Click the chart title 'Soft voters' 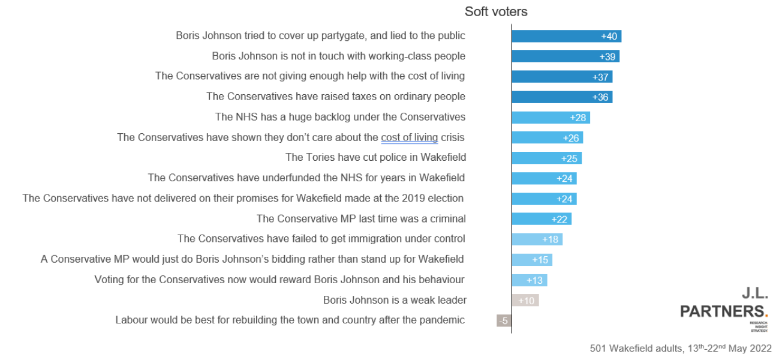coord(496,11)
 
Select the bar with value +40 coord(566,37)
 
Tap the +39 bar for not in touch coord(565,56)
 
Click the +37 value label coord(600,77)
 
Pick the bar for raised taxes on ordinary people coord(562,97)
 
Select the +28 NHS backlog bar coord(551,118)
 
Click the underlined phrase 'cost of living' coord(409,137)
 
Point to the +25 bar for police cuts coord(546,158)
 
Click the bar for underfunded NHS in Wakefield coord(544,179)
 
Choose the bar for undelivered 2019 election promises coord(544,199)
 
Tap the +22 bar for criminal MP coord(542,219)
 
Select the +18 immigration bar coord(537,239)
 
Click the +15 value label coord(540,260)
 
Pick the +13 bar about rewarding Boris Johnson coord(529,280)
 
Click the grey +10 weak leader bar coord(525,301)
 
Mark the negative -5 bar coord(504,321)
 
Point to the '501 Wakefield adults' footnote coord(681,348)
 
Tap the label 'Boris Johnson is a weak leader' coord(395,300)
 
